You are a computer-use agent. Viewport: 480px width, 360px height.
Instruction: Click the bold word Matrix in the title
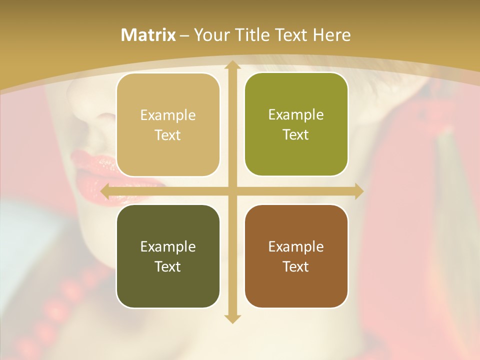coord(148,35)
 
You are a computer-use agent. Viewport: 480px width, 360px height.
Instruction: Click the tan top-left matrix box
coord(168,125)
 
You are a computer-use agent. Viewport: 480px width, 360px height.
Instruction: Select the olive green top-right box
coord(296,124)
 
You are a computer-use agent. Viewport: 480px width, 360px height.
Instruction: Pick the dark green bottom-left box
coord(168,256)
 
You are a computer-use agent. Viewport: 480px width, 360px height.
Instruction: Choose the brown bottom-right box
coord(296,256)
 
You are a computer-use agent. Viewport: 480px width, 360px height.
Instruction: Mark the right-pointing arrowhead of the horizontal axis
coord(358,191)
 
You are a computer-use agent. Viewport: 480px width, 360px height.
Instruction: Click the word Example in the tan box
coord(168,115)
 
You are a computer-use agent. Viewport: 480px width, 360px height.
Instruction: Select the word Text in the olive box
coord(296,135)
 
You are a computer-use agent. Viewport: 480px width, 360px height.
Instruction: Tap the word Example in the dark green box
coord(168,246)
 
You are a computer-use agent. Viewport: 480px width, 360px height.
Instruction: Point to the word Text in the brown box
coord(296,266)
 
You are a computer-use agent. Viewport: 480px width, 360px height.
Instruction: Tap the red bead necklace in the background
coord(70,295)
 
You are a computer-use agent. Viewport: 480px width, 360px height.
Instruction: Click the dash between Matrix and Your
coord(184,35)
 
